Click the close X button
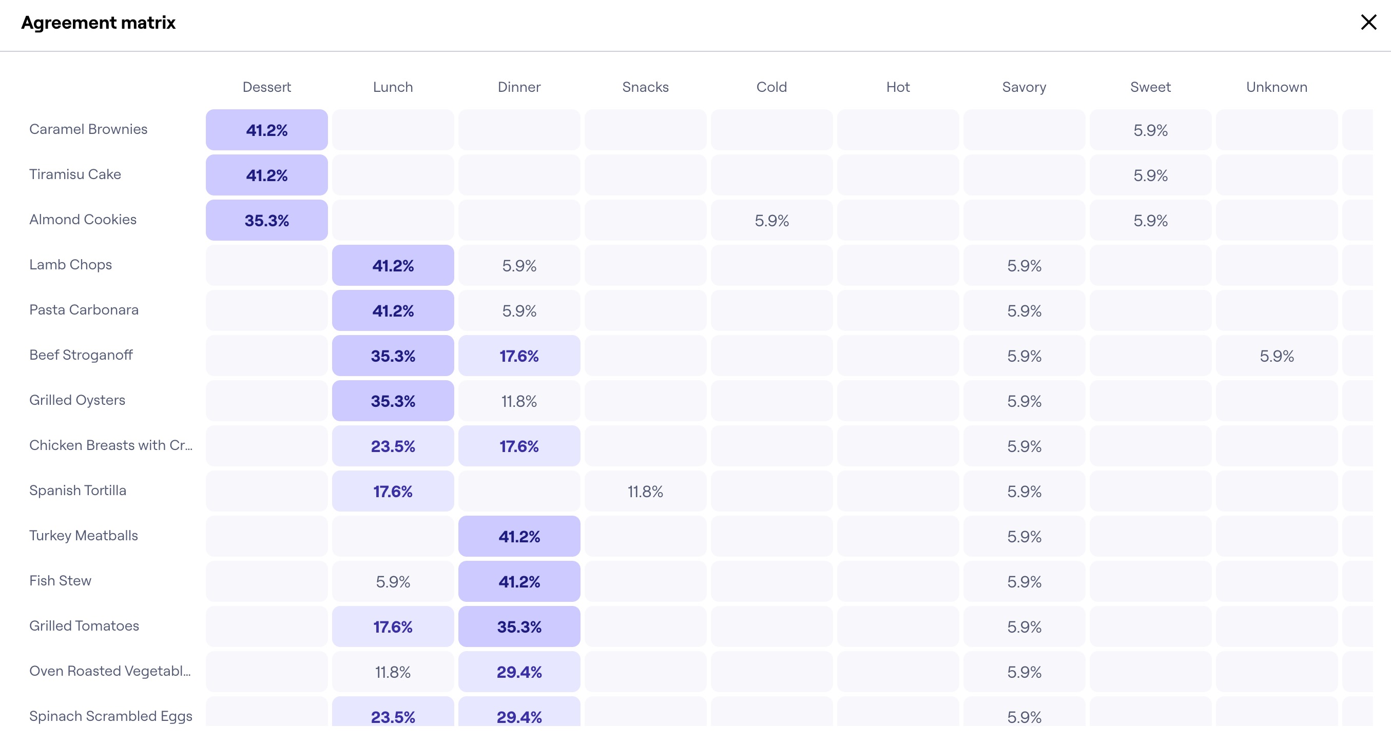[1368, 22]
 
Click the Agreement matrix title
[98, 23]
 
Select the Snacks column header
[645, 87]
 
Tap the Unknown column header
[1277, 87]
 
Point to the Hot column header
[897, 87]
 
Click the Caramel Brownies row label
[88, 129]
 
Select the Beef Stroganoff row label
[81, 355]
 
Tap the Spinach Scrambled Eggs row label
[111, 716]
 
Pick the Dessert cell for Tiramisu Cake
[267, 175]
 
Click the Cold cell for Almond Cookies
[771, 220]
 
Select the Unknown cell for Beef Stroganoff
[1277, 356]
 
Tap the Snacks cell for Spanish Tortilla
[645, 491]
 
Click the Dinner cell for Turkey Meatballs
[519, 536]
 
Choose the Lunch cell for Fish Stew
[393, 581]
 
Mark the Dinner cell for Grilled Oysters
[519, 401]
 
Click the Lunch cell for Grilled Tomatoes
[393, 627]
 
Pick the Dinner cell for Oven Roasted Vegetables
[519, 672]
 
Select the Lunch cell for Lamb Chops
[393, 266]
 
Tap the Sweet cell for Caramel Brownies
[1150, 130]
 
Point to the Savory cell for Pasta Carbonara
[1024, 311]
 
